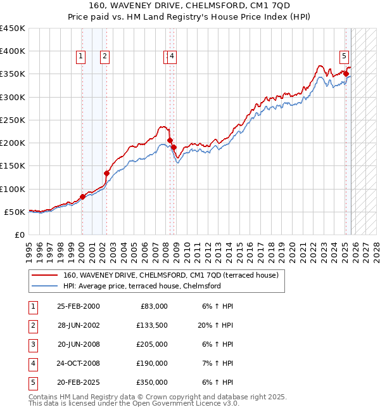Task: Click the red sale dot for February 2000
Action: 82,196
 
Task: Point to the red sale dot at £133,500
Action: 106,174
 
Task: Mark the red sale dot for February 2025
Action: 346,74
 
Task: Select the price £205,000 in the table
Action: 152,344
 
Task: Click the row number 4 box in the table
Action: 33,363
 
